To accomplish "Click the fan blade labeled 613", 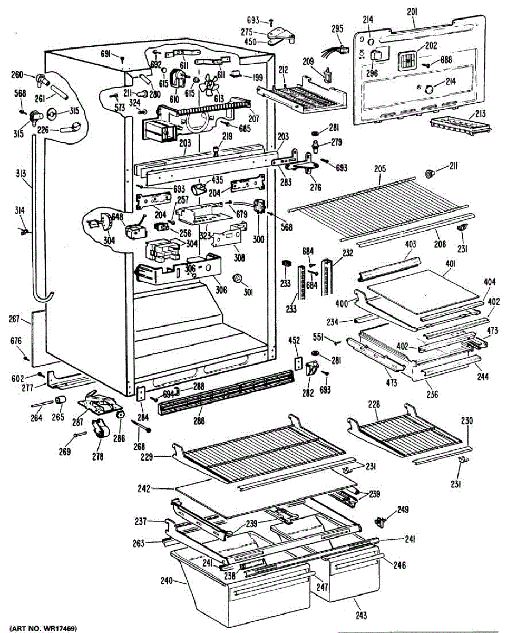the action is (x=209, y=84).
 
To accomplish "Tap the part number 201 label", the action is (x=412, y=12).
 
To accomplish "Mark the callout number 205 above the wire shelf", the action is (x=380, y=169).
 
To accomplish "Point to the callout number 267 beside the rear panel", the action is (x=15, y=319).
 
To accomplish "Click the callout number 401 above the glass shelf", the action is (x=450, y=264).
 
